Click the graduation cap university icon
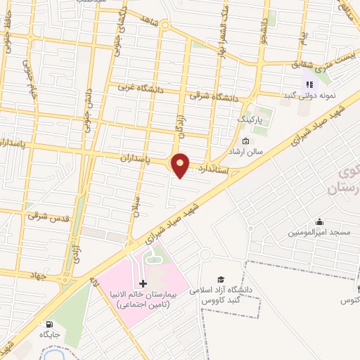click(x=221, y=280)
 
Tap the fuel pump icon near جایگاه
click(x=49, y=325)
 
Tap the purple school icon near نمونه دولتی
click(x=308, y=83)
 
